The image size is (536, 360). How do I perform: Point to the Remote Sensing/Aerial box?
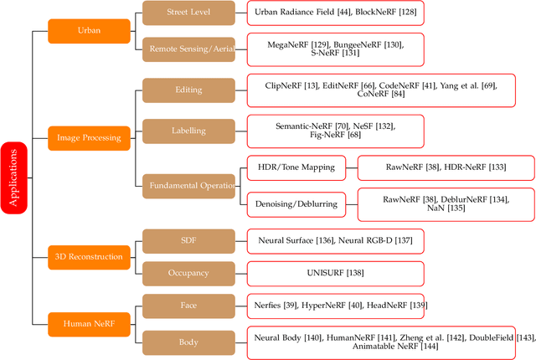click(190, 49)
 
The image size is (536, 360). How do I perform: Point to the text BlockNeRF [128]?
click(387, 13)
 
